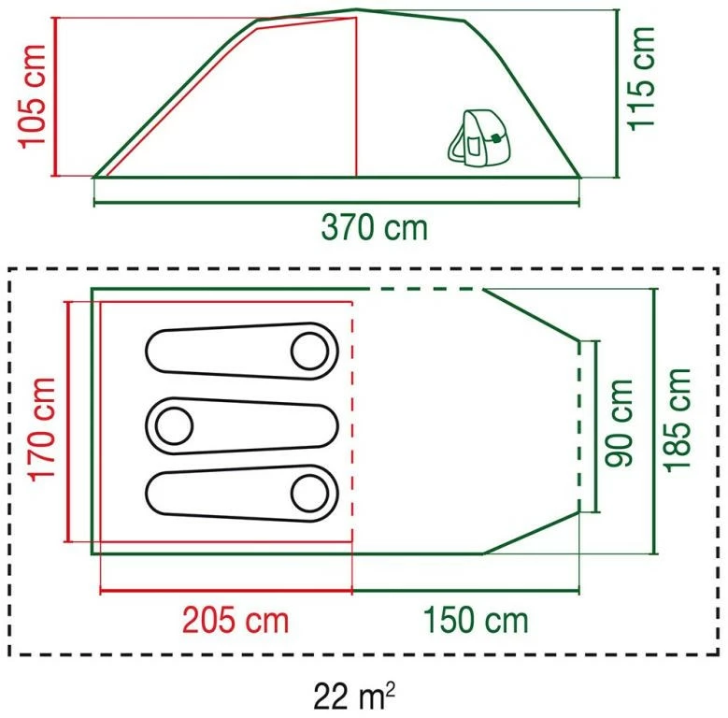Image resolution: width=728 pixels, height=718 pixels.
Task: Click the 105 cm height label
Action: (32, 96)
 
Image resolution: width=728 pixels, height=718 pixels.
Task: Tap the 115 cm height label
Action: (641, 79)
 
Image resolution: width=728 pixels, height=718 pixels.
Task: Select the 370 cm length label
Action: (374, 227)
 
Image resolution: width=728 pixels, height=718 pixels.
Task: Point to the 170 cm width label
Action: (42, 430)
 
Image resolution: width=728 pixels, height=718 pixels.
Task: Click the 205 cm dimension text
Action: (236, 620)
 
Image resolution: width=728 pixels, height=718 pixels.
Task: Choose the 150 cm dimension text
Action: (476, 620)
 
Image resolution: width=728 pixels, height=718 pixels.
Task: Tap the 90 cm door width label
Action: (619, 423)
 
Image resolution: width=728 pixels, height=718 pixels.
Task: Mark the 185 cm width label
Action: (678, 421)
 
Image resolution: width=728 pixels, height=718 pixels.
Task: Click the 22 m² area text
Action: (354, 696)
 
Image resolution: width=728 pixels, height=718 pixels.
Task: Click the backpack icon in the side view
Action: (478, 138)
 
